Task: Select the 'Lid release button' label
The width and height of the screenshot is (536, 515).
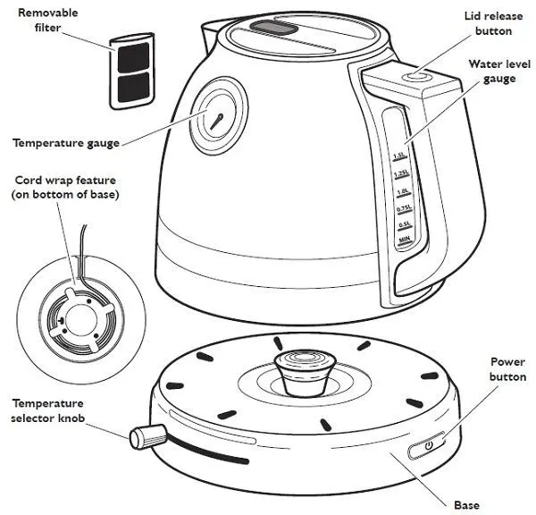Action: pos(488,24)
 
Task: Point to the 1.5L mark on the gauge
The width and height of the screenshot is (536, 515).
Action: pos(399,156)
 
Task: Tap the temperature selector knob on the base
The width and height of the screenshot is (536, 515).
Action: pos(147,437)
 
